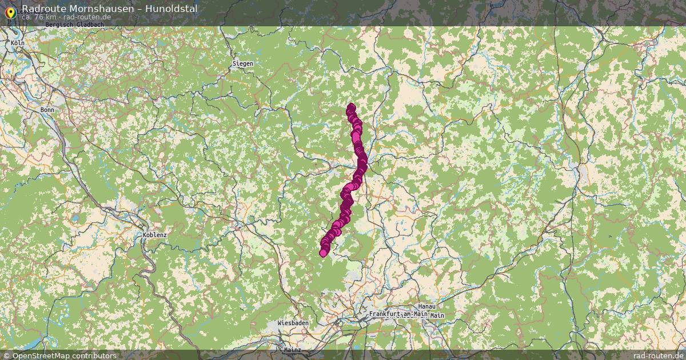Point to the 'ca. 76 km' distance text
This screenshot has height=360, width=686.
tap(39, 17)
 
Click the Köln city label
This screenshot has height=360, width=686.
tap(18, 43)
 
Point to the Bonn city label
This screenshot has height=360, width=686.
tap(47, 109)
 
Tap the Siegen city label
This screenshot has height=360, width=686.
tap(242, 63)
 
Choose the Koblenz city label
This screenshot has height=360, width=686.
tap(155, 234)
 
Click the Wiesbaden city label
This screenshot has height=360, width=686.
tap(293, 323)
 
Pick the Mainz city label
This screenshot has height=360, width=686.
tap(292, 349)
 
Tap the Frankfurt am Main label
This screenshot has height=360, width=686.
tap(398, 314)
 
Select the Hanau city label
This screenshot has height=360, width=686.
tap(427, 306)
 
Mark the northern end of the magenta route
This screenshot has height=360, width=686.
tap(350, 107)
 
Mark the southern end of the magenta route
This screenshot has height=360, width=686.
tap(324, 253)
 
